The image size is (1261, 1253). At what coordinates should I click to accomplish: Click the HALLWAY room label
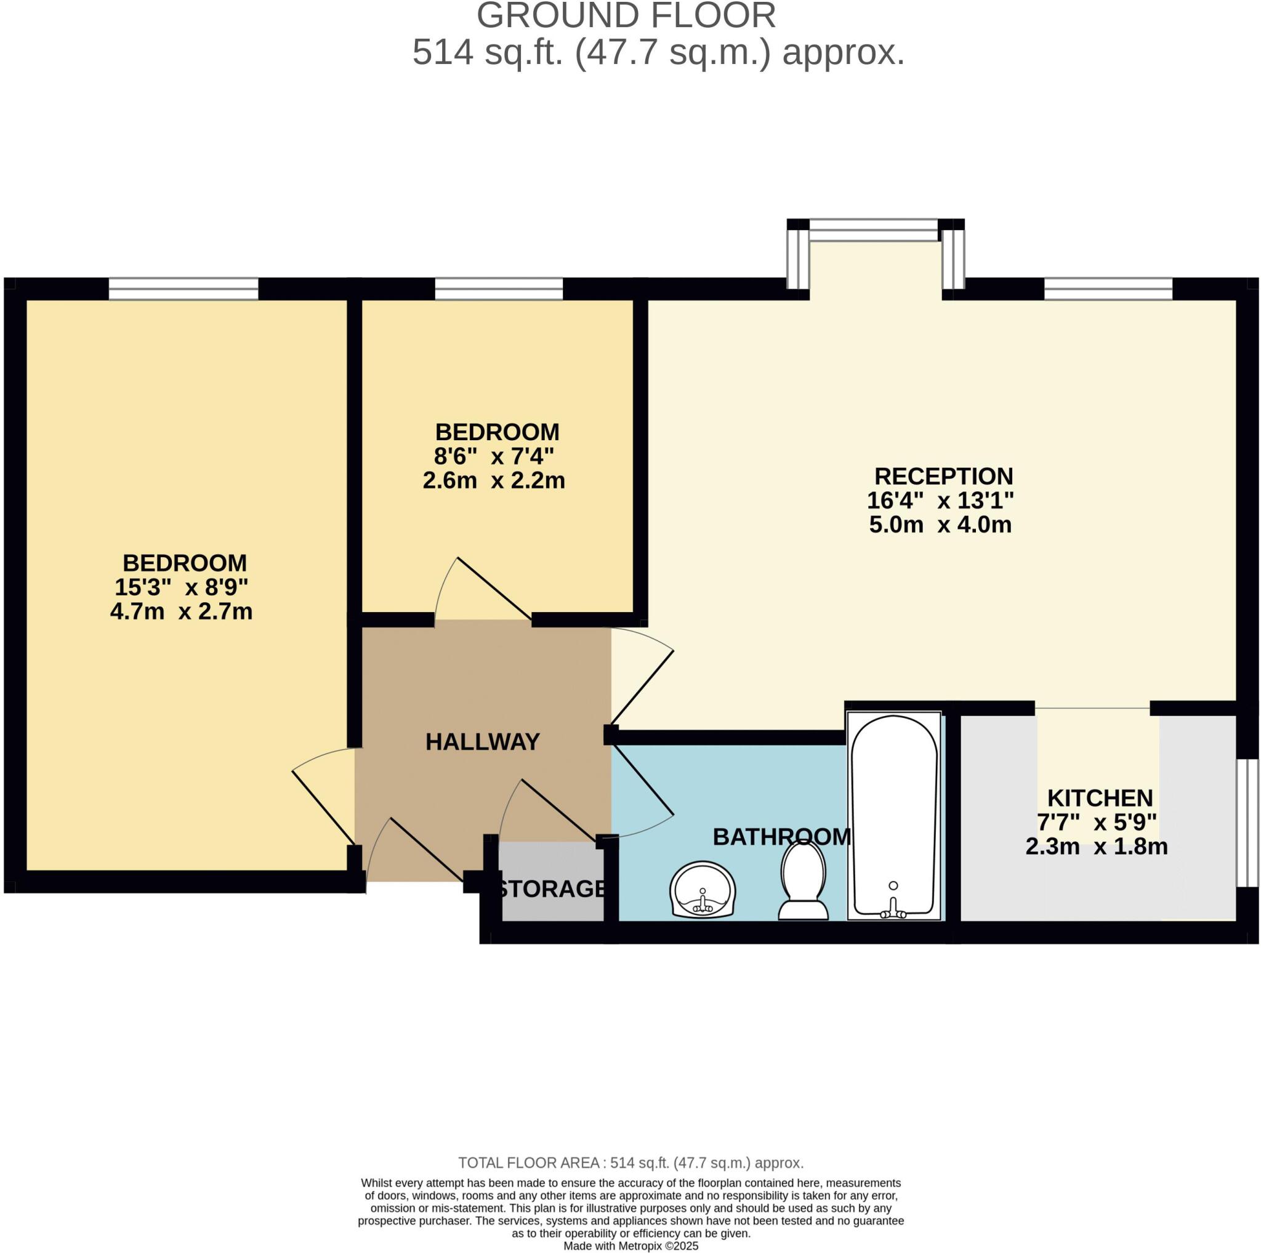click(482, 742)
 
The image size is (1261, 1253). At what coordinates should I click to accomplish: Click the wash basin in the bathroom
click(703, 890)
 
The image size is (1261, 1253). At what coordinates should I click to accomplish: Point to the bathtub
click(894, 816)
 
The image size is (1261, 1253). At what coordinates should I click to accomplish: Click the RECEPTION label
click(943, 476)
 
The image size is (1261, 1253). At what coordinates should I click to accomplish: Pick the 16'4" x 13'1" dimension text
click(940, 501)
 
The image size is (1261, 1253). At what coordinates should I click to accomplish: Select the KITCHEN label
click(1100, 798)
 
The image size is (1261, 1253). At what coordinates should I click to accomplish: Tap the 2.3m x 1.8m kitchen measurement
click(1097, 847)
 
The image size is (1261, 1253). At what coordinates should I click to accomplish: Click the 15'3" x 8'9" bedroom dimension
click(182, 587)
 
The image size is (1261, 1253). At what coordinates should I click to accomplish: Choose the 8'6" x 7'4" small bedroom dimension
click(494, 456)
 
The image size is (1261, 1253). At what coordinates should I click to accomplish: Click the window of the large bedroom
click(183, 288)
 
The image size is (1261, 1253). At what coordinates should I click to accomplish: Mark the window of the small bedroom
click(499, 288)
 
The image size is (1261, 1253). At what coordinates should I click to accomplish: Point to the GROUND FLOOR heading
click(626, 15)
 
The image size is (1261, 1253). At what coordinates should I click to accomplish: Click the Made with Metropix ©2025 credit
click(630, 1246)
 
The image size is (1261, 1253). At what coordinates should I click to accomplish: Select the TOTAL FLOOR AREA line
click(630, 1162)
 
